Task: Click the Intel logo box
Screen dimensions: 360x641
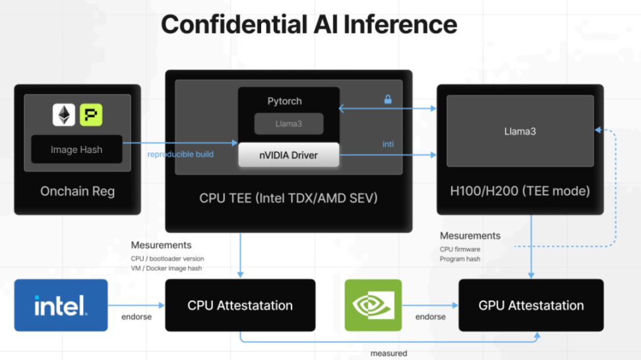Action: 61,305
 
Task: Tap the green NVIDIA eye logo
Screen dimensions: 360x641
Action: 373,305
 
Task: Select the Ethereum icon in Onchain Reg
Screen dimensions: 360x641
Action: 64,115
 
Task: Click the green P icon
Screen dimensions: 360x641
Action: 91,115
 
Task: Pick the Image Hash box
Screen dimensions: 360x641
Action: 76,150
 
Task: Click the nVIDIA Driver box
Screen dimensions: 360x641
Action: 288,155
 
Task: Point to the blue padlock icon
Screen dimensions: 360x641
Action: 388,100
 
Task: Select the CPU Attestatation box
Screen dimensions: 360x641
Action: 240,305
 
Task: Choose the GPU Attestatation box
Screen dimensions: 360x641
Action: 531,305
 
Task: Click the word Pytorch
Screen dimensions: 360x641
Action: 285,101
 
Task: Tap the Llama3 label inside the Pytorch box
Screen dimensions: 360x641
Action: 289,123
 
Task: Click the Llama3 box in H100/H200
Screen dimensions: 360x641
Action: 520,131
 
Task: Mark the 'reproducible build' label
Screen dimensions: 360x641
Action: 181,154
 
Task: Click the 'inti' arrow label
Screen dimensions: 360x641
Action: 388,144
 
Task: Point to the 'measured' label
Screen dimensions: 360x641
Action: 388,353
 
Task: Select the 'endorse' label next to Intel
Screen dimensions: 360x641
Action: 137,317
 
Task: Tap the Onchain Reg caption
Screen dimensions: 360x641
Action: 77,191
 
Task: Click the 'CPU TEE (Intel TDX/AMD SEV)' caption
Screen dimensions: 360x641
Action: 288,197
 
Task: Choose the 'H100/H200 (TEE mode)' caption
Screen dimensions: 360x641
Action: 520,191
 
